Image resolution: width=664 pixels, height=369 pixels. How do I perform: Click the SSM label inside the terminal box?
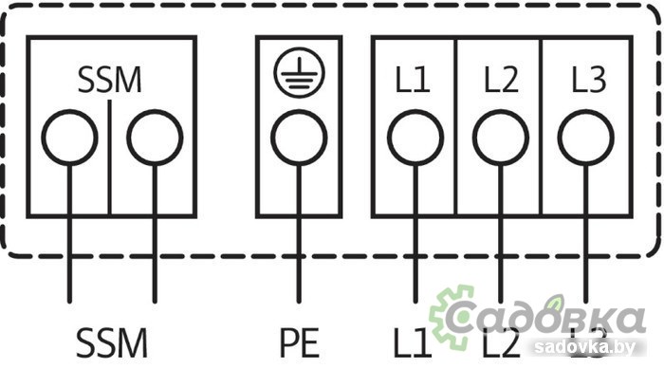110,81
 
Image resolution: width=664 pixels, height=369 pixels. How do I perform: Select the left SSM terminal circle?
68,138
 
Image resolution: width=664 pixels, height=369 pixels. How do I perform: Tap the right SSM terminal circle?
155,138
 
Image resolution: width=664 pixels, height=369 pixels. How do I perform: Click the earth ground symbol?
299,74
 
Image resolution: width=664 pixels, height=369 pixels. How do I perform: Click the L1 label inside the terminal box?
413,81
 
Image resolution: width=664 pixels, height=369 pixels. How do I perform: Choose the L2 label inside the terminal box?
500,81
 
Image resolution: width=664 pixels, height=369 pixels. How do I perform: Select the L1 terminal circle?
415,138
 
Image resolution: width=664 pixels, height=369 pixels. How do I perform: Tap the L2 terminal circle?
500,138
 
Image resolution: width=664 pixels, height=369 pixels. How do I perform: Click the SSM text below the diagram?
112,342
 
